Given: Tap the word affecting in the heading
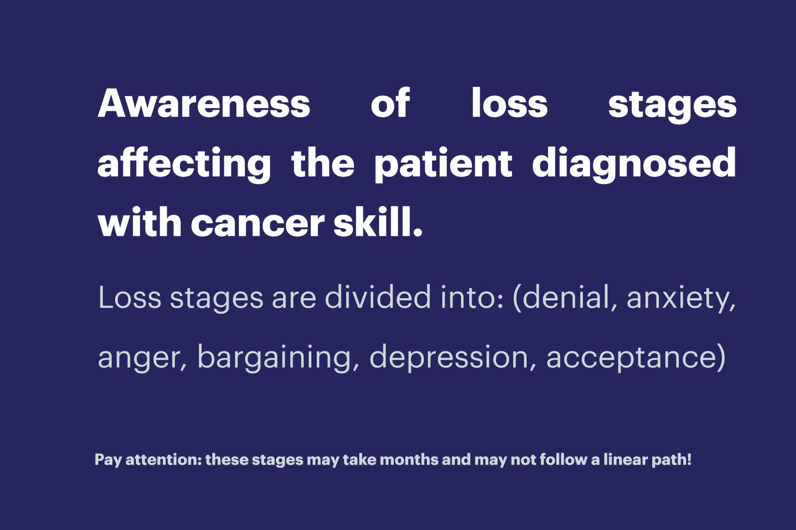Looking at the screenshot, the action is coord(184,164).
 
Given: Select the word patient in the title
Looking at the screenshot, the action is coord(443,164).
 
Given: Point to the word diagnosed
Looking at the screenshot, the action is coord(634,164).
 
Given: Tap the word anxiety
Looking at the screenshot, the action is coord(681,299).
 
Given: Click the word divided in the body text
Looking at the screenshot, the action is coord(378,297).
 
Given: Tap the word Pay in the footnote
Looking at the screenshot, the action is coord(108,460).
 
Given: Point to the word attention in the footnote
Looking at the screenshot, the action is coord(164,460).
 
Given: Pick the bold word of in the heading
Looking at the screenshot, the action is coord(390,103).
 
